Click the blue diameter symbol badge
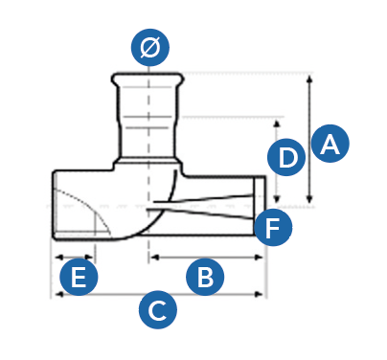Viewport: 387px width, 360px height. click(149, 47)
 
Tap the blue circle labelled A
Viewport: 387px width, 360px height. click(330, 144)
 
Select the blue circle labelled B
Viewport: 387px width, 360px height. click(205, 277)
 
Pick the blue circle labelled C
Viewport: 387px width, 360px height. click(158, 309)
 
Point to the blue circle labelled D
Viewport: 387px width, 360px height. click(286, 157)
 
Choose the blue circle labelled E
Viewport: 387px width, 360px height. click(79, 277)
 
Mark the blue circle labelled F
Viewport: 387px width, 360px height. click(273, 227)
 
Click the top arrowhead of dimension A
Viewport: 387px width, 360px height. click(309, 79)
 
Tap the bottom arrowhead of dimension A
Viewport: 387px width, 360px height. click(309, 199)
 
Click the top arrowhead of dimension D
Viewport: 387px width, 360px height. click(277, 124)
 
